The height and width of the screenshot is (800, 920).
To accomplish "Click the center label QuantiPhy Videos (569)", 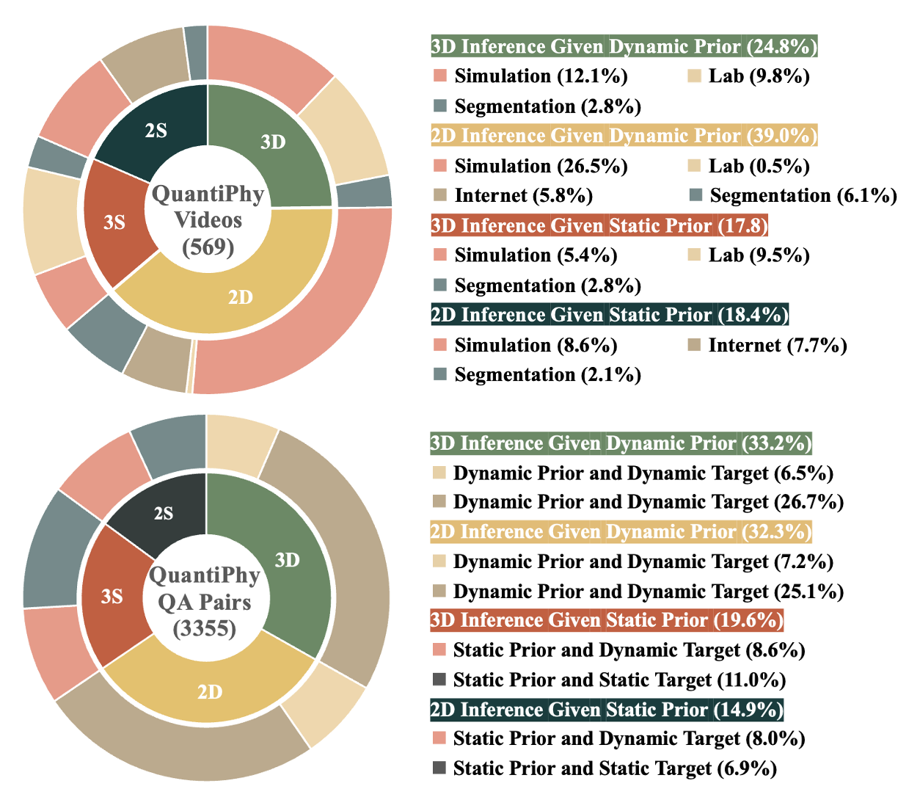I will coord(208,220).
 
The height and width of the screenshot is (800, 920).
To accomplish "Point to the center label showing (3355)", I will coord(205,629).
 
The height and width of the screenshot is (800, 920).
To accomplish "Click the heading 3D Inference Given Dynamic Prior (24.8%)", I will coord(624,46).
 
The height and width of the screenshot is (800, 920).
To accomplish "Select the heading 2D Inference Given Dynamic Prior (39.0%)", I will coord(624,136).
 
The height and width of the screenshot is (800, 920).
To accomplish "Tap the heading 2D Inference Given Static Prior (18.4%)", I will coord(609,315).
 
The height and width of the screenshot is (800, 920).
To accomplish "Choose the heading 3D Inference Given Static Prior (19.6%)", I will coord(607,620).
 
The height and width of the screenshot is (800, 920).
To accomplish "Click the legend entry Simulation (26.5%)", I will coord(541,166).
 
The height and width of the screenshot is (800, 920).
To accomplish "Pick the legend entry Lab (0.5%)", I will coord(759,166).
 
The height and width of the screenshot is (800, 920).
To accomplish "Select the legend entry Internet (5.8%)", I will coord(523,195).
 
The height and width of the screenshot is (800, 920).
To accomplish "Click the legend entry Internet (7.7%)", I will coord(777,345).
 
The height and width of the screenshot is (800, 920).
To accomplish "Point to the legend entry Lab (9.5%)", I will coord(759,255).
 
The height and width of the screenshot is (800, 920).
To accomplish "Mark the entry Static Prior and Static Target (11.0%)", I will coord(619,680).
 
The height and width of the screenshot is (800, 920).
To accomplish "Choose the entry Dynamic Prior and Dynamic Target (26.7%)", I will coord(648,502).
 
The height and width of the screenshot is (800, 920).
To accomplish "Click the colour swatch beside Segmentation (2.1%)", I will coord(440,374).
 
